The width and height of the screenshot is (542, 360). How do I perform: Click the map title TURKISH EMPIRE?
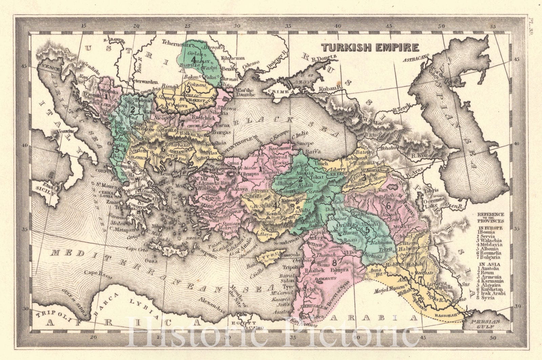click(x=370, y=47)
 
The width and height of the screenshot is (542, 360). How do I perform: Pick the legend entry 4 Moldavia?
click(x=489, y=244)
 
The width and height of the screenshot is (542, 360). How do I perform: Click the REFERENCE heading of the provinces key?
click(x=491, y=215)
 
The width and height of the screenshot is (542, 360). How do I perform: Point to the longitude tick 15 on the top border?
click(x=84, y=26)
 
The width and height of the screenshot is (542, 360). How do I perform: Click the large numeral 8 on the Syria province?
click(x=335, y=262)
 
